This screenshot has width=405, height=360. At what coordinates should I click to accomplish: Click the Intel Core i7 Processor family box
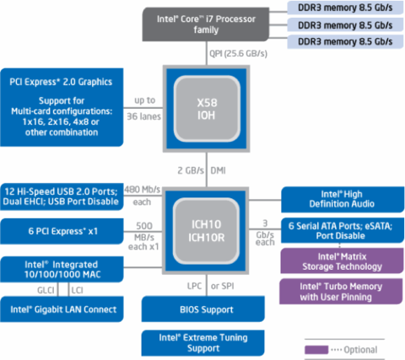click(206, 24)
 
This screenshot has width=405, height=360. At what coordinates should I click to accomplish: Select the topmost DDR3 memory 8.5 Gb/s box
click(345, 8)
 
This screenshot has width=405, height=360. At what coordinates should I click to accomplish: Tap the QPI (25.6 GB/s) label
click(238, 53)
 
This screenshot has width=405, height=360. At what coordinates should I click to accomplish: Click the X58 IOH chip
click(207, 109)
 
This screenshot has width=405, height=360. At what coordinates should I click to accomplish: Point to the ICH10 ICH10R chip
click(206, 231)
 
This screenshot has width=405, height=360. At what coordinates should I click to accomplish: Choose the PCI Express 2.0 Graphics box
click(62, 107)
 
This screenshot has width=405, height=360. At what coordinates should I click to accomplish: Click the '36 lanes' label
click(143, 116)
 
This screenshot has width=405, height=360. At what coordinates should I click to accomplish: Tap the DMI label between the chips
click(218, 170)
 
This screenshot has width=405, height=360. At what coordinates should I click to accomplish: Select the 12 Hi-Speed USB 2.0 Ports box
click(62, 196)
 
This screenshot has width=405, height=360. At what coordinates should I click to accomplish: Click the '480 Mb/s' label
click(143, 190)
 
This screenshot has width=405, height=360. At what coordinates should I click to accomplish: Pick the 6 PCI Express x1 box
click(62, 231)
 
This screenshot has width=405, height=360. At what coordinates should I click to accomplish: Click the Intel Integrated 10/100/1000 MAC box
click(62, 269)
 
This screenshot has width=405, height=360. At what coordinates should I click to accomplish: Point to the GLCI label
click(46, 290)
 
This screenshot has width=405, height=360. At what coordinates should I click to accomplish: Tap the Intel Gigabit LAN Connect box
click(62, 309)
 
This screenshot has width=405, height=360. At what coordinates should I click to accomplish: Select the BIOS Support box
click(203, 309)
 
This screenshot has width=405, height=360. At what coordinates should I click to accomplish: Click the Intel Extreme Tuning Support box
click(203, 343)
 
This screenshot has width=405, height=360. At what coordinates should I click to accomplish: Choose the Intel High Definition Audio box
click(343, 199)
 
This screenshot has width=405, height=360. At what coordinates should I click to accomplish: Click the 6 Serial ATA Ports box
click(343, 230)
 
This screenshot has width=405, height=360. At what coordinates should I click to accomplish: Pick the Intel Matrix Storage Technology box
click(342, 261)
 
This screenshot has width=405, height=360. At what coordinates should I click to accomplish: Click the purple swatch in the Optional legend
click(316, 350)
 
